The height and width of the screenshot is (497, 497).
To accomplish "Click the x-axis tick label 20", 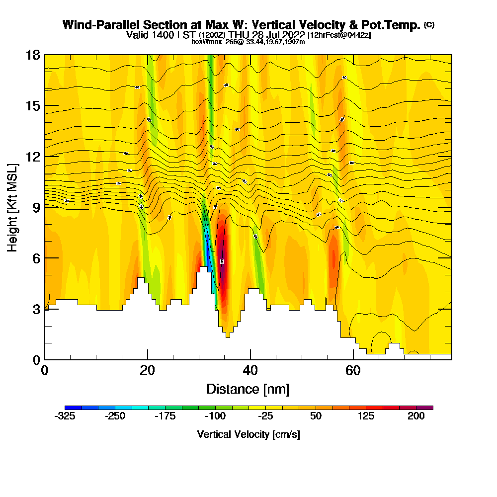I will click(x=147, y=370).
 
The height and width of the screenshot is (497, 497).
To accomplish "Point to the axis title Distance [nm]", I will click(x=248, y=389).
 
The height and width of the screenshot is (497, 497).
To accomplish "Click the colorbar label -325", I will click(x=65, y=416).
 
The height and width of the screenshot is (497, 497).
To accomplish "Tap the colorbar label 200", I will click(x=416, y=416).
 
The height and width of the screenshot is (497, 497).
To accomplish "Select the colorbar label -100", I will click(x=215, y=416).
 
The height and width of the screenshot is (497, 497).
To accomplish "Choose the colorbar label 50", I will click(x=316, y=416).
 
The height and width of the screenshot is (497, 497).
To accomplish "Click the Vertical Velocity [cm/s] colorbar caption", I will click(x=248, y=434).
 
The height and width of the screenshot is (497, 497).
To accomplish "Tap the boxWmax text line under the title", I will click(x=248, y=42).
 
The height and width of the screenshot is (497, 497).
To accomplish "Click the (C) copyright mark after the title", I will click(x=429, y=25).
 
